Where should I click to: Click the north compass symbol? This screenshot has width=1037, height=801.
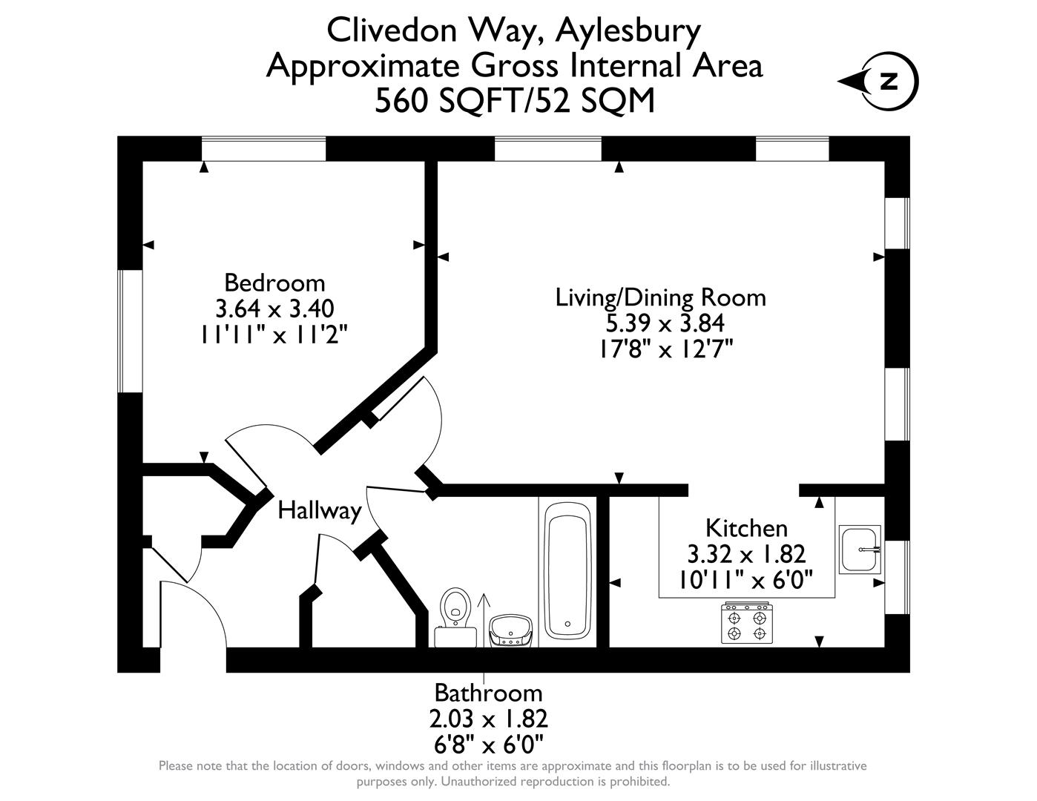(x=887, y=81)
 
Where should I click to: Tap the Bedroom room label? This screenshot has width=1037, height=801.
(x=274, y=283)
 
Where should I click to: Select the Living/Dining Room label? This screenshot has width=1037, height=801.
(x=660, y=297)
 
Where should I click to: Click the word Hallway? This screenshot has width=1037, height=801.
(x=319, y=510)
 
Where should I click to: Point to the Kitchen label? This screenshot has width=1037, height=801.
(x=745, y=528)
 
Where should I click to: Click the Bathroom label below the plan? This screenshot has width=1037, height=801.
(x=488, y=693)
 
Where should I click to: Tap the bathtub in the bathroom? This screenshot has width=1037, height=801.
(x=567, y=569)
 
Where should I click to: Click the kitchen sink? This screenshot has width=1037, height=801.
(x=860, y=549)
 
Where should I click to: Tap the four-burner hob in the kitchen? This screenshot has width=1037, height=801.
(x=746, y=624)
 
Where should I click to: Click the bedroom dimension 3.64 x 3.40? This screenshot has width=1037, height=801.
(x=274, y=308)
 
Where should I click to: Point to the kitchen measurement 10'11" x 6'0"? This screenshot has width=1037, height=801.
(x=746, y=578)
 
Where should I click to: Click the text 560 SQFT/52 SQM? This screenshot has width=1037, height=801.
(x=515, y=101)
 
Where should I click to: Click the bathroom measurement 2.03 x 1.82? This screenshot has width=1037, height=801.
(x=488, y=719)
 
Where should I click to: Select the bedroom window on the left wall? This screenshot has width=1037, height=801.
(x=131, y=330)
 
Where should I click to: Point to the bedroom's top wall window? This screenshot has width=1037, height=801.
(x=263, y=148)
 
